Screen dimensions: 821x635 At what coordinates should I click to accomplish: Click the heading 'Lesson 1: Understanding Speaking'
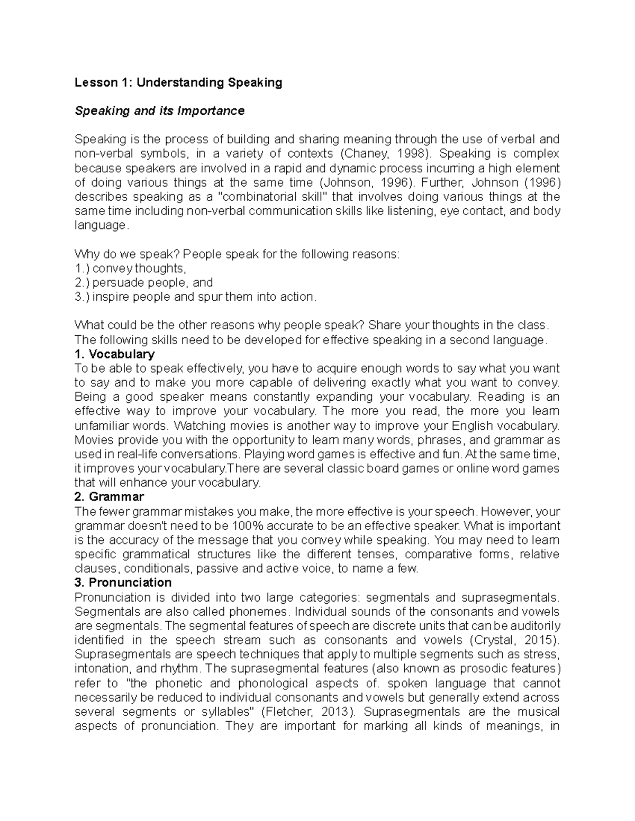[x=178, y=82]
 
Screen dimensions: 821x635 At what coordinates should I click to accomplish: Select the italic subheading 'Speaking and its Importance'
[x=159, y=111]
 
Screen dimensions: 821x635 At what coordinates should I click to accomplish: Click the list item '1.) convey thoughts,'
[x=131, y=268]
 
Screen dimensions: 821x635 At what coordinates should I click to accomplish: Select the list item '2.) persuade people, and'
[x=144, y=282]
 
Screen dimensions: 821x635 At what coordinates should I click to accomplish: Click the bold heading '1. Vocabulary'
[x=115, y=354]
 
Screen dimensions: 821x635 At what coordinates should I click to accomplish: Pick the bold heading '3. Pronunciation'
[x=123, y=583]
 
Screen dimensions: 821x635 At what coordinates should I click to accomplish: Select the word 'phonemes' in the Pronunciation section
[x=266, y=612]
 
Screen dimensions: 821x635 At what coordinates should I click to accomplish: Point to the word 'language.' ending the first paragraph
[x=101, y=225]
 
